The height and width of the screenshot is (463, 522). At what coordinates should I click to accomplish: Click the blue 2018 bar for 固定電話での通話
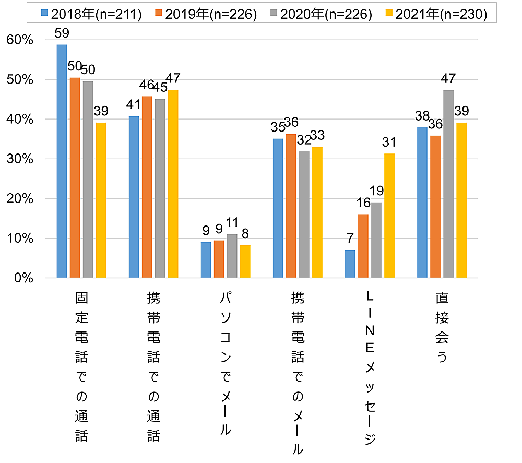(62, 161)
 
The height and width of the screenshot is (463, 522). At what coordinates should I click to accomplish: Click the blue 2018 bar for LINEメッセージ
(350, 264)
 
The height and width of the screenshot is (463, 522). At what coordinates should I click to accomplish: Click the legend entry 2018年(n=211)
(91, 14)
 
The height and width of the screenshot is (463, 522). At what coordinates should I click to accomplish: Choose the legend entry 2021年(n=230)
(436, 14)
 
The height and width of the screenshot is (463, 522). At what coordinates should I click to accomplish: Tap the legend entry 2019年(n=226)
(206, 14)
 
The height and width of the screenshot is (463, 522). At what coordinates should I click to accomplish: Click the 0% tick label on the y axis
(23, 278)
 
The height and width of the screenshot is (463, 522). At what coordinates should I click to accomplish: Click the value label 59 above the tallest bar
(62, 33)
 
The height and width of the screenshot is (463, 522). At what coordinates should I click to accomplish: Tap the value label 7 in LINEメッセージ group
(350, 239)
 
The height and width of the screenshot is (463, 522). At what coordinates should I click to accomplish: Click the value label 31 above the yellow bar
(389, 142)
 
